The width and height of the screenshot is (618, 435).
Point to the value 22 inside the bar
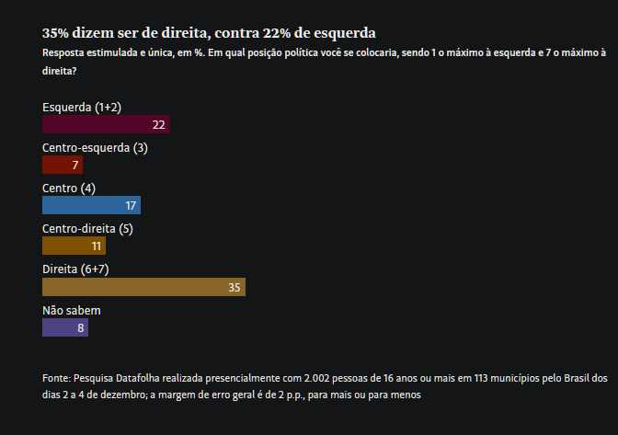pos(159,125)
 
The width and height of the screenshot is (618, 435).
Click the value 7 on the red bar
pos(75,166)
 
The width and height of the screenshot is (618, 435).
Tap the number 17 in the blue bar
pos(131,206)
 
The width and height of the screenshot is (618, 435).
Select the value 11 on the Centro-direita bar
pos(96,246)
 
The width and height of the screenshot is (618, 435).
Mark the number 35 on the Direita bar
pos(235,288)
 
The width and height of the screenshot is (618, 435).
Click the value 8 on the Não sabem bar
pos(81,328)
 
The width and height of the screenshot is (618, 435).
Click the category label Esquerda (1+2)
pos(82,108)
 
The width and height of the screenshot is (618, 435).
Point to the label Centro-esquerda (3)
pos(95,148)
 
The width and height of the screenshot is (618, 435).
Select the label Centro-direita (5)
pos(87,229)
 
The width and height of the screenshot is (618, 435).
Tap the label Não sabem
pos(72,311)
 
